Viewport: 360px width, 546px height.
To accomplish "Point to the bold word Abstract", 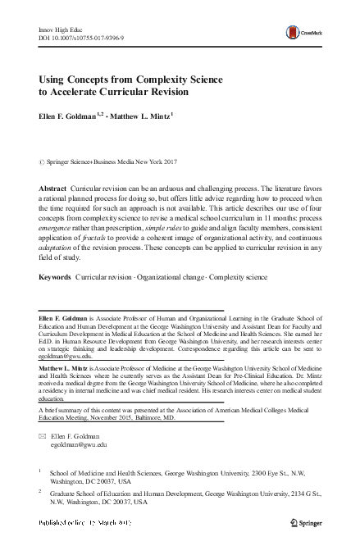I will (53, 189).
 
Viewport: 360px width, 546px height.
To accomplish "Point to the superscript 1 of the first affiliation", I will (40, 471).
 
